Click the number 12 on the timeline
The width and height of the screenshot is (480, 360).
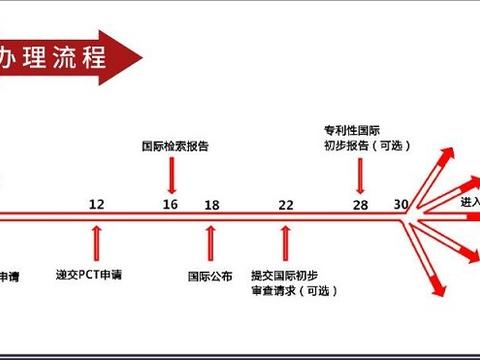pos(96,204)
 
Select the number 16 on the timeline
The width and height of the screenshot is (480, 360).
pos(171,204)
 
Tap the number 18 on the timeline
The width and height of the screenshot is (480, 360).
pos(211,204)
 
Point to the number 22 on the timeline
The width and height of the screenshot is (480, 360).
pos(286,204)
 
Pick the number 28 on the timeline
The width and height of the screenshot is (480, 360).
pos(360,204)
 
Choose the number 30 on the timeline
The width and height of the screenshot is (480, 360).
pos(401,204)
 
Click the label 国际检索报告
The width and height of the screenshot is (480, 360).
pos(174,145)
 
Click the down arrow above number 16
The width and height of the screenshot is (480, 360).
pos(172,176)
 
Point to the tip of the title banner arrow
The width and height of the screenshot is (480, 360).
pos(135,51)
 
